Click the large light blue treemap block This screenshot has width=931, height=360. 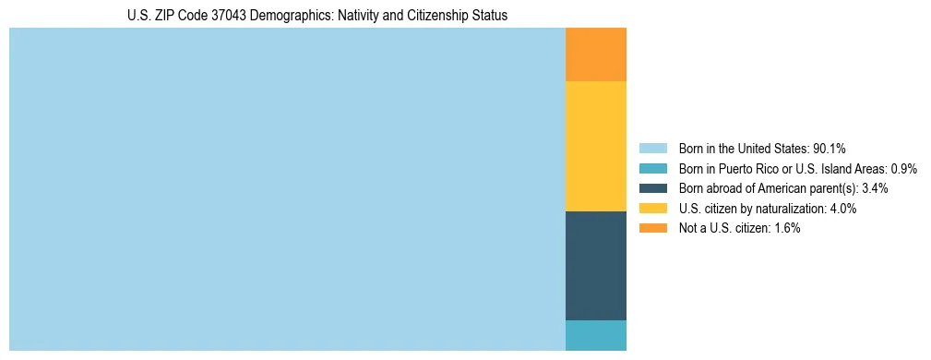click(x=287, y=189)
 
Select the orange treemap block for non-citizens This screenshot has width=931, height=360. click(x=596, y=54)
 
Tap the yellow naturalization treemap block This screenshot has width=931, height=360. click(x=596, y=146)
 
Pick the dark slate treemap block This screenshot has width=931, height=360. click(x=596, y=266)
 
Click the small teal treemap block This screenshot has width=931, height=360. click(x=596, y=335)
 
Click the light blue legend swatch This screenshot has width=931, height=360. click(x=652, y=149)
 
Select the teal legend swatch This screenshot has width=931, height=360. click(x=652, y=169)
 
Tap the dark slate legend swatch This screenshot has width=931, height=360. click(x=652, y=188)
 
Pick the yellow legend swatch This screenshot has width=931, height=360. click(x=652, y=209)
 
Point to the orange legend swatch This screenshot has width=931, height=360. click(x=652, y=228)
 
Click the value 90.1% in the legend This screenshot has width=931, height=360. click(x=830, y=149)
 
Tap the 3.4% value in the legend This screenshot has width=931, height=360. click(x=875, y=188)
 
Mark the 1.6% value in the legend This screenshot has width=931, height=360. click(x=786, y=228)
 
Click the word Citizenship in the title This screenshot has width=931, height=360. click(x=442, y=16)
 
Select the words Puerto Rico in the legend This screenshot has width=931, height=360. click(x=748, y=169)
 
